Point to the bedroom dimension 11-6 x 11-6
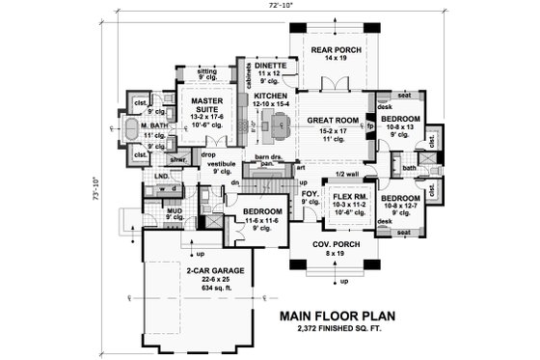tap(260, 221)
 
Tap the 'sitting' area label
tap(205, 71)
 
